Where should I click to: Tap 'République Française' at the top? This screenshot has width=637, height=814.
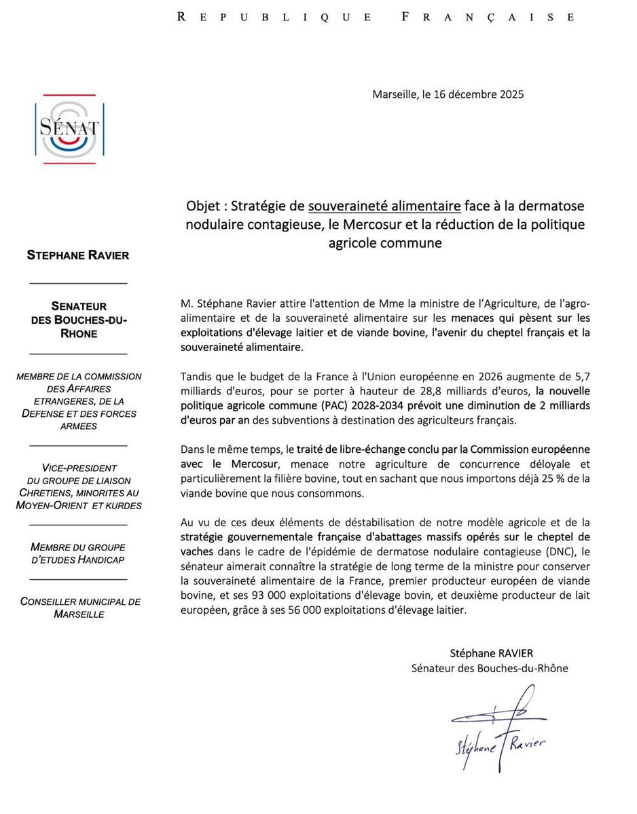[375, 17]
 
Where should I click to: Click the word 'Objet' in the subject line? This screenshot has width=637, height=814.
[204, 206]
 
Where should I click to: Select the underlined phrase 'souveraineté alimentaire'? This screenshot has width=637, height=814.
[384, 206]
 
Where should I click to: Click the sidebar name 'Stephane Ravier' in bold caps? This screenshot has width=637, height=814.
[78, 255]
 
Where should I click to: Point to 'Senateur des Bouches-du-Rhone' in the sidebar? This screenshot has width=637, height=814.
[78, 320]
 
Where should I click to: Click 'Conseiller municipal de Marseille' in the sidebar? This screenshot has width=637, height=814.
[80, 608]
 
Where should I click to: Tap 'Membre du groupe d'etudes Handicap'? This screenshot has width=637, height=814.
[78, 553]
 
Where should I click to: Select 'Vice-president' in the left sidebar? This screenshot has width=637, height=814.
[79, 468]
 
